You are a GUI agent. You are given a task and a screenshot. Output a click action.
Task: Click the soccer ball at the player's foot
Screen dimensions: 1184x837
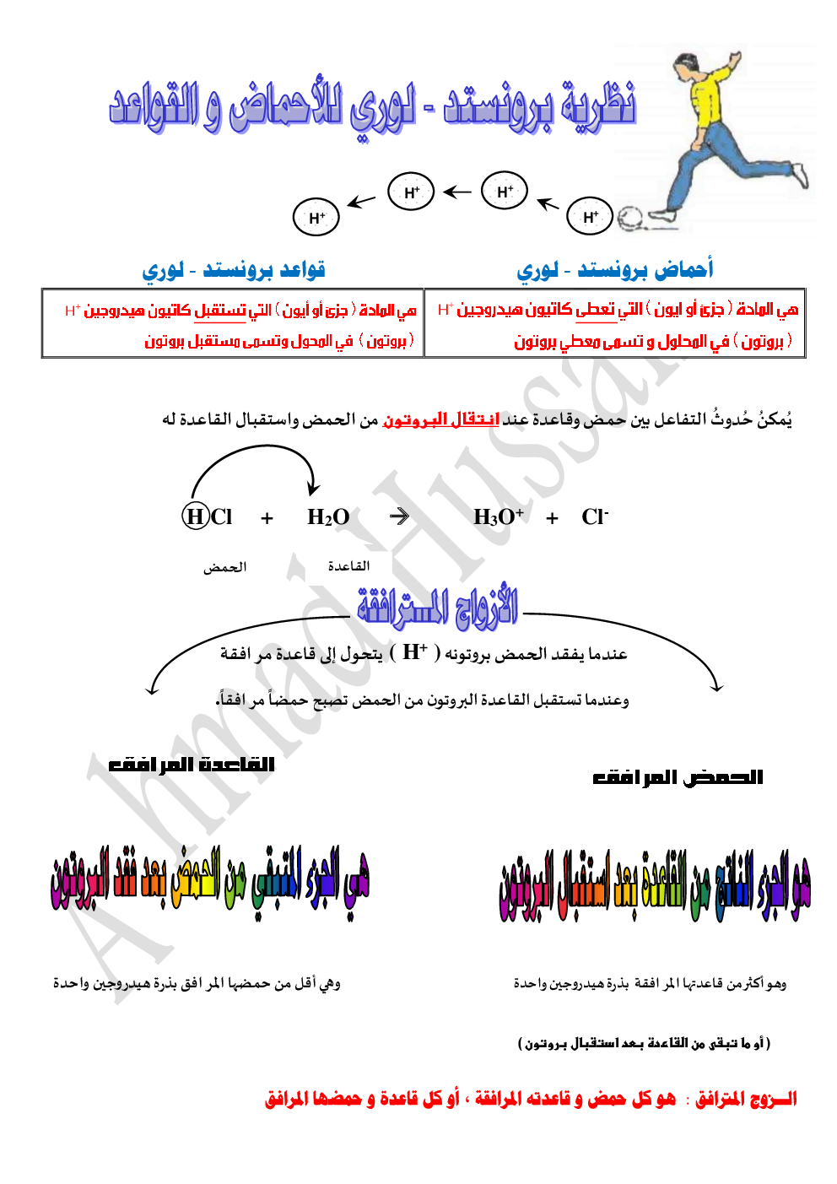(x=629, y=219)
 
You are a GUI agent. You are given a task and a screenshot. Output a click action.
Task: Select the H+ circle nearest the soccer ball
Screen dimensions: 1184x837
(x=590, y=217)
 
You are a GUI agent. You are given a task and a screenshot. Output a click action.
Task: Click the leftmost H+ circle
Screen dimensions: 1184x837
(x=316, y=218)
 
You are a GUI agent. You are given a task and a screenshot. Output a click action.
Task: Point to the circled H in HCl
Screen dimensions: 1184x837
(x=195, y=516)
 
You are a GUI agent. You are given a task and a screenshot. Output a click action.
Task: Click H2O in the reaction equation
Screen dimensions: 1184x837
(x=328, y=517)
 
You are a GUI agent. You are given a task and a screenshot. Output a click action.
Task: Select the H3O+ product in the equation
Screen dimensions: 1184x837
(x=498, y=516)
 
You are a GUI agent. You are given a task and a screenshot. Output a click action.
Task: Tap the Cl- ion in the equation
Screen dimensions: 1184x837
(x=595, y=516)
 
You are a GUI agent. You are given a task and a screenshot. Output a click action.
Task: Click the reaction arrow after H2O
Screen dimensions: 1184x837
(x=400, y=516)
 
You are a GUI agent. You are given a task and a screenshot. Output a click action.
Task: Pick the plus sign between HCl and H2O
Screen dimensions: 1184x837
(x=267, y=518)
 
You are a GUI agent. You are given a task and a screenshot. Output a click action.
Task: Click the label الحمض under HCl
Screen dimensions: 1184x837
(x=224, y=567)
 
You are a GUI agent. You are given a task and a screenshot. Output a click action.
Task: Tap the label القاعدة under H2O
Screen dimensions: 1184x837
(x=348, y=566)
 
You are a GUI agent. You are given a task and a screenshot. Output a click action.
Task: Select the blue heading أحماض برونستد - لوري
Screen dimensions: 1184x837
(x=615, y=270)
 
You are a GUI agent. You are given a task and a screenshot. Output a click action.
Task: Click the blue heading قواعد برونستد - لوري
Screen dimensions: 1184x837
(x=234, y=270)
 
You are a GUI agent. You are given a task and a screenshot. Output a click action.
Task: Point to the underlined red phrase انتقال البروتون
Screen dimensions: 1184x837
(x=440, y=419)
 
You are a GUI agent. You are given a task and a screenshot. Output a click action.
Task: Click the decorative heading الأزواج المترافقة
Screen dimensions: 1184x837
(x=437, y=606)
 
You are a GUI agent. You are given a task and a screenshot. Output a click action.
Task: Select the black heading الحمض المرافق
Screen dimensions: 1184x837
(x=678, y=776)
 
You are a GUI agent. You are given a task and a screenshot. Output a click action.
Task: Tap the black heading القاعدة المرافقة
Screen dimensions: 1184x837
(x=192, y=765)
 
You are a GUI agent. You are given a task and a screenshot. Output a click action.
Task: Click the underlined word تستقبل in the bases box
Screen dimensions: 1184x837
(x=220, y=311)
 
